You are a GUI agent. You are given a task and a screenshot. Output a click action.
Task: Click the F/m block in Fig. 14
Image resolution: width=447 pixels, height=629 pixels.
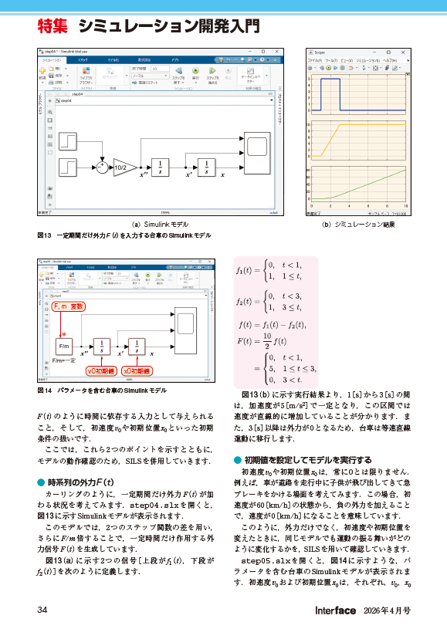click(x=64, y=347)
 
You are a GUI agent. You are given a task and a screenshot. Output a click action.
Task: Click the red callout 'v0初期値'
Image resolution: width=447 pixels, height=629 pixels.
click(x=100, y=370)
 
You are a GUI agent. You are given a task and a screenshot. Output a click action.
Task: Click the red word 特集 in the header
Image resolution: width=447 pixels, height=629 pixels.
click(x=52, y=28)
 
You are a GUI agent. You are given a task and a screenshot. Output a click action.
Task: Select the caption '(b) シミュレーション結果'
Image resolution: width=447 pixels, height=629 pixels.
click(x=357, y=224)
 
